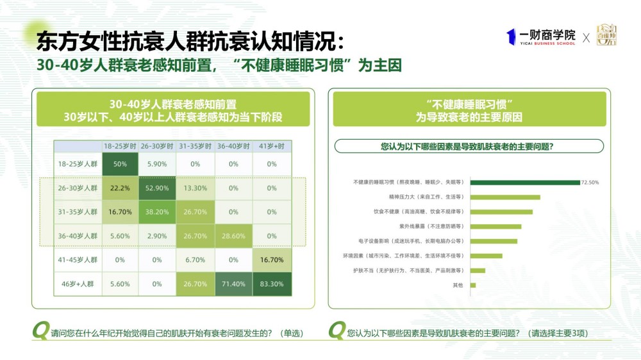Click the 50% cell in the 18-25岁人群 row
tap(120, 164)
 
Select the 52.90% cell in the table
tap(158, 188)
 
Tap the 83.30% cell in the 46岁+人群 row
tap(272, 284)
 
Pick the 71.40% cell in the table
tap(233, 284)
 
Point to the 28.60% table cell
tap(233, 236)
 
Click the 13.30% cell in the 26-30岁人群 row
tap(196, 188)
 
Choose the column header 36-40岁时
tap(233, 146)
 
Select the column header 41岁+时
tap(272, 146)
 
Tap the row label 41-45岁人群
tap(77, 260)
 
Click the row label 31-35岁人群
tap(77, 212)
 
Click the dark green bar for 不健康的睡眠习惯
tap(525, 182)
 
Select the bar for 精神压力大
tap(505, 197)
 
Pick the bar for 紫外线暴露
tap(495, 226)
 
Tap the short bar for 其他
tap(473, 285)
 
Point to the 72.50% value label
tap(590, 183)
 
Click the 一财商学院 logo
tap(541, 37)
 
